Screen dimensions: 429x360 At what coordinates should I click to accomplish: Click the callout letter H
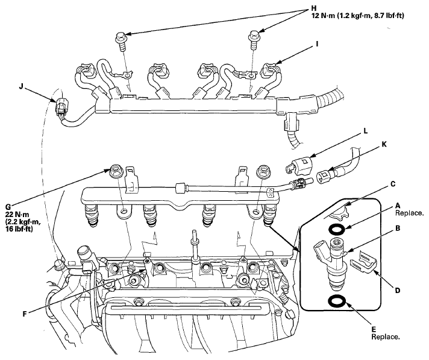(x=314, y=8)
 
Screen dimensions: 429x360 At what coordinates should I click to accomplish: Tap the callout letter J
(x=21, y=87)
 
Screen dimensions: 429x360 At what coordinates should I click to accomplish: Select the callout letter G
(x=8, y=206)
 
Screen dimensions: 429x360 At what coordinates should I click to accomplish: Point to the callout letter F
(x=25, y=314)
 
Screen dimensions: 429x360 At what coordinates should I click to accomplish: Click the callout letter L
(x=366, y=131)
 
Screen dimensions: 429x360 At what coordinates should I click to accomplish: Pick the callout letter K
(x=384, y=144)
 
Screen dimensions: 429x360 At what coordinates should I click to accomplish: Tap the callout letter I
(x=317, y=43)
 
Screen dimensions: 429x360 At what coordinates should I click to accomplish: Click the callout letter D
(x=397, y=290)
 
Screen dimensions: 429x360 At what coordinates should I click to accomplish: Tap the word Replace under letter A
(x=409, y=213)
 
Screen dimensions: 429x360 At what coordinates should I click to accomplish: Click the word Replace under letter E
(x=386, y=336)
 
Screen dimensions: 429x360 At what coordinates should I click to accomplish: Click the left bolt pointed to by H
(x=121, y=40)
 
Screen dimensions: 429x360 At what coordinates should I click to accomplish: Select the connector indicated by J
(x=61, y=109)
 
